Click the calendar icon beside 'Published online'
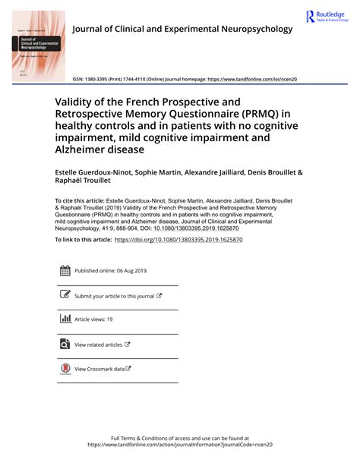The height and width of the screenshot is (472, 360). [65, 270]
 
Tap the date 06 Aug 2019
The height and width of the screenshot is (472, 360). [131, 270]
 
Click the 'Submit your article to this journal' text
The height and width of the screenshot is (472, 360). [114, 296]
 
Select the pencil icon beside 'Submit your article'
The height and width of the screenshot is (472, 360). [65, 295]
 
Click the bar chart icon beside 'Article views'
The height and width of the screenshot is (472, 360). [65, 319]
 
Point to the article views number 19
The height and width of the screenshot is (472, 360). [109, 320]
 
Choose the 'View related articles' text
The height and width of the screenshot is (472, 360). [98, 345]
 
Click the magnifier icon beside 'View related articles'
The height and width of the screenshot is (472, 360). [65, 345]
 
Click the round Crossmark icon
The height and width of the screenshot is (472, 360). [65, 370]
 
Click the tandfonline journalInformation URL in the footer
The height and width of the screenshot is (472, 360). [179, 445]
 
